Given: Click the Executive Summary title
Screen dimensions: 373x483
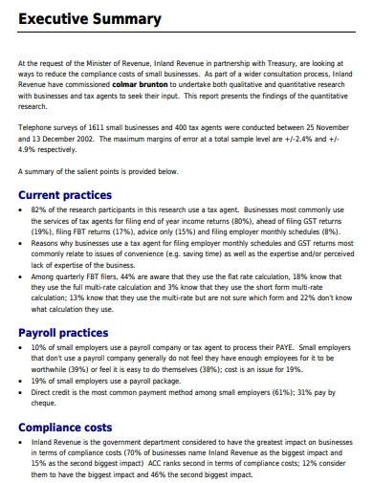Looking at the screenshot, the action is pyautogui.click(x=88, y=20).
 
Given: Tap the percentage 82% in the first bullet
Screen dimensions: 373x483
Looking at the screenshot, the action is pyautogui.click(x=39, y=209).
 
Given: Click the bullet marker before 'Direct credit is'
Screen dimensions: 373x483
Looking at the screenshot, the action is pyautogui.click(x=22, y=391).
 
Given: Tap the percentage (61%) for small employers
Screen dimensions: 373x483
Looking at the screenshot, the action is pyautogui.click(x=270, y=391).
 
